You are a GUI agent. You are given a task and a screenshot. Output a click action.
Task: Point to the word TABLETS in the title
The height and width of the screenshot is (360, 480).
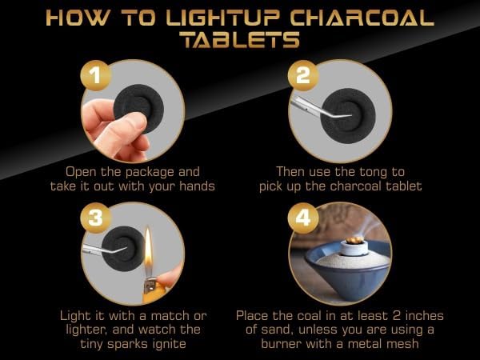point(239,41)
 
